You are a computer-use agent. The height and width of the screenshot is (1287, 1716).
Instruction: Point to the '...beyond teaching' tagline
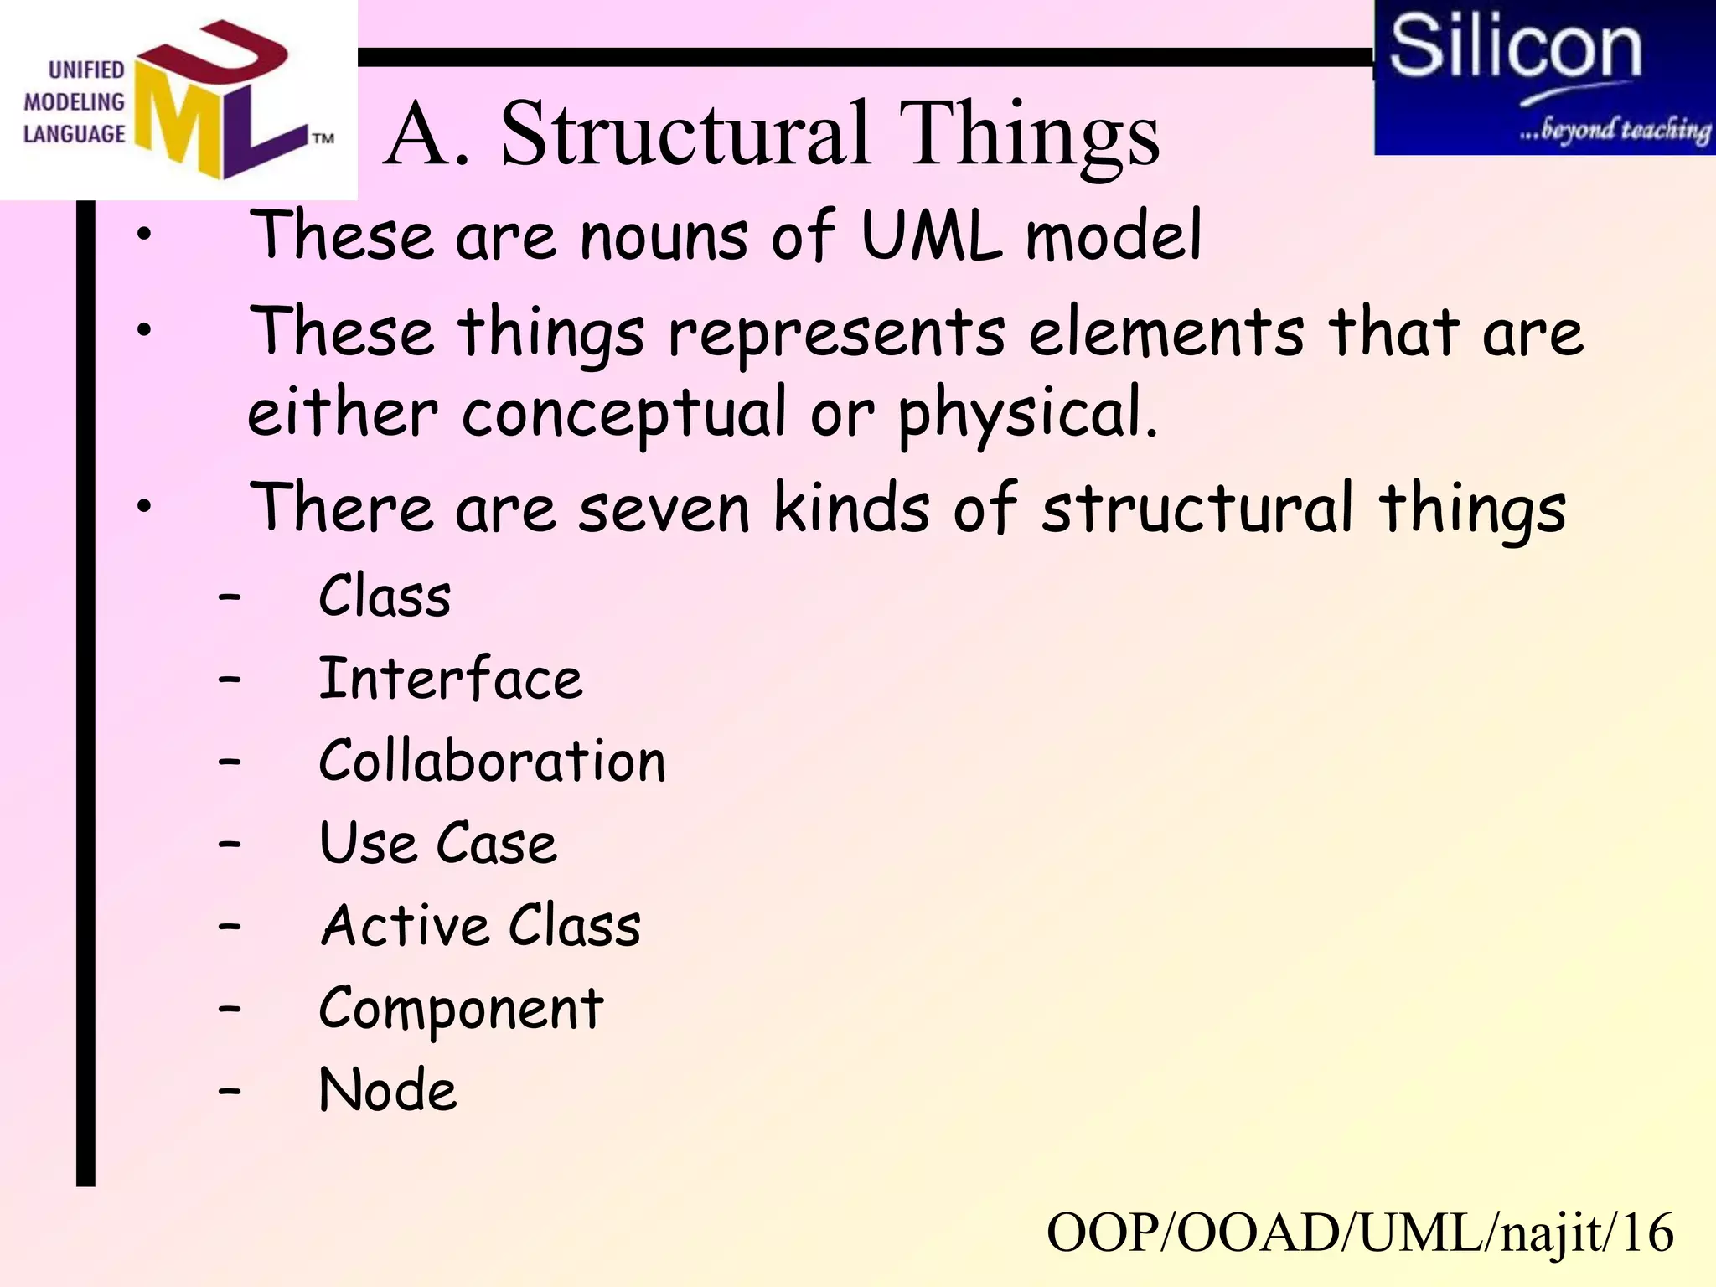pyautogui.click(x=1613, y=130)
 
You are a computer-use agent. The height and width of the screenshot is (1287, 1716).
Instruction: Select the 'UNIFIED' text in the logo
pyautogui.click(x=85, y=70)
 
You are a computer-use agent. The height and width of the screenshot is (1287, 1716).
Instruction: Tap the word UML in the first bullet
pyautogui.click(x=931, y=236)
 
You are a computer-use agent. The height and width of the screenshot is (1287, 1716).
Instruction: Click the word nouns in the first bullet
pyautogui.click(x=664, y=236)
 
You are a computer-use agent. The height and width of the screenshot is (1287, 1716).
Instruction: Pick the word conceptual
pyautogui.click(x=625, y=413)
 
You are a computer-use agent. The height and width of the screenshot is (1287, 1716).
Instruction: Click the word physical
pyautogui.click(x=1027, y=413)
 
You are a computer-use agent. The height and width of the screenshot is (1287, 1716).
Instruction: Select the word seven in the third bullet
pyautogui.click(x=663, y=509)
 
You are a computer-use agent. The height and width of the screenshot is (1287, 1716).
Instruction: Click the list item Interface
pyautogui.click(x=450, y=679)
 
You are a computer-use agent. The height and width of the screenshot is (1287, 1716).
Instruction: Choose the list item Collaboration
pyautogui.click(x=492, y=761)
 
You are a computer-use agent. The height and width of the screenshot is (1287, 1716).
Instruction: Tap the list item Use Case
pyautogui.click(x=437, y=843)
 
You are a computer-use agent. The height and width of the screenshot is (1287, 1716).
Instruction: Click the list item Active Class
pyautogui.click(x=480, y=926)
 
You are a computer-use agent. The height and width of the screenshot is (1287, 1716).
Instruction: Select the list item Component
pyautogui.click(x=461, y=1009)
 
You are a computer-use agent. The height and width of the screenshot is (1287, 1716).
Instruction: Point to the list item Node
pyautogui.click(x=388, y=1090)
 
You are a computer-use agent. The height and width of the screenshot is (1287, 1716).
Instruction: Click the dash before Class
pyautogui.click(x=229, y=597)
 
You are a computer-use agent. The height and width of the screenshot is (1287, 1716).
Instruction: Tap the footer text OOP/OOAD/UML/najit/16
pyautogui.click(x=1359, y=1233)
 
